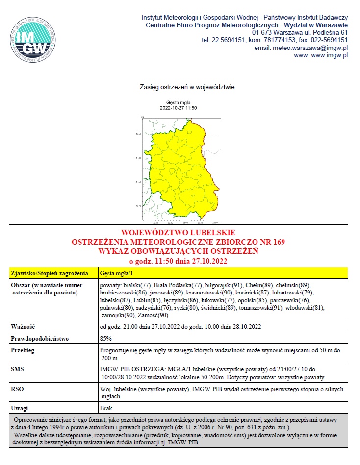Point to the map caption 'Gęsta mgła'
(x=179, y=102)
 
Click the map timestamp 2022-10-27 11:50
(x=179, y=108)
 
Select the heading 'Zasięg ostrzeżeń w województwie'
(x=180, y=88)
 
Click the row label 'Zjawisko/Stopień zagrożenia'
(x=49, y=273)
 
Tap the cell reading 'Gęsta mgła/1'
(x=115, y=273)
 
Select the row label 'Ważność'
(x=22, y=326)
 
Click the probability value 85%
(x=105, y=339)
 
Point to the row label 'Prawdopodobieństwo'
(x=40, y=339)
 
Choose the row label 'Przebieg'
(x=23, y=351)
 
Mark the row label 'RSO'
(x=17, y=389)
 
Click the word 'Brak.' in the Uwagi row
(x=107, y=408)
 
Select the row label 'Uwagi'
(x=20, y=408)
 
